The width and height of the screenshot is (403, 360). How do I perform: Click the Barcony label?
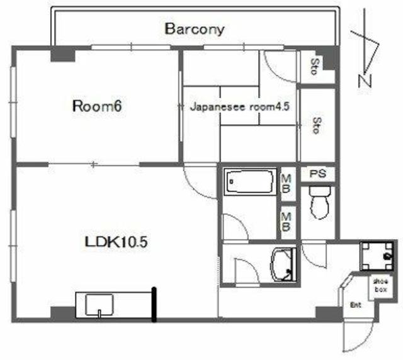click(195, 29)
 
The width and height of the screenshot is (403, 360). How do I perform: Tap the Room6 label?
click(97, 106)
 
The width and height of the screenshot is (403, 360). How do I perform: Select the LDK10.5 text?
click(116, 242)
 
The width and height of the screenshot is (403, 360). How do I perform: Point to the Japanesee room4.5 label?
click(240, 106)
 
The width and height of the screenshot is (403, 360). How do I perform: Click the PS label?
click(318, 174)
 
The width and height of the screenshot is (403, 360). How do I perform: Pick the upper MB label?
click(286, 184)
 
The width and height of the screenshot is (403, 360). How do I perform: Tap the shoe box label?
click(380, 286)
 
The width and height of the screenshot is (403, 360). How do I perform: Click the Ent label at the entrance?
click(356, 305)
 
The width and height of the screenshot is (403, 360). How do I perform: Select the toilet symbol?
click(320, 203)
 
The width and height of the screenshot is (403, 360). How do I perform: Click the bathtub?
click(250, 182)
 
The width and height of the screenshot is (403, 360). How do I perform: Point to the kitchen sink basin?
click(99, 305)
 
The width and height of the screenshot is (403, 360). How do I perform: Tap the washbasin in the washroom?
click(283, 265)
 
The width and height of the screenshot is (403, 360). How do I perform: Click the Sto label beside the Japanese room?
click(317, 125)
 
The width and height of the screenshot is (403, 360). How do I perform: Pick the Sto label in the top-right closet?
click(315, 67)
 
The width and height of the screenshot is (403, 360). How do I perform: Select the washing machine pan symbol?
click(377, 256)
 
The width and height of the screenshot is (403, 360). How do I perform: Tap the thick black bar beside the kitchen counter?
click(154, 305)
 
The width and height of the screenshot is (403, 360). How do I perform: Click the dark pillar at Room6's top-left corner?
click(63, 54)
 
